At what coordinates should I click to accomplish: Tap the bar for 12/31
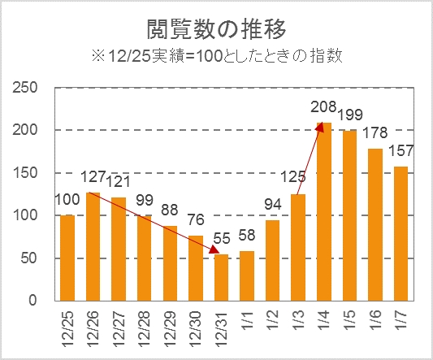[x=222, y=277]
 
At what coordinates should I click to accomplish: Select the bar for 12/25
[x=67, y=258]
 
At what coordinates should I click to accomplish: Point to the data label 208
[x=324, y=106]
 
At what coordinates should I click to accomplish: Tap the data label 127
[x=93, y=177]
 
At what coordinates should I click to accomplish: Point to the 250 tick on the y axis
[x=28, y=87]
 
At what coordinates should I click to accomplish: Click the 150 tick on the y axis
[x=28, y=172]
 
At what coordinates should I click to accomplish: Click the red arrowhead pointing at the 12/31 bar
[x=215, y=251]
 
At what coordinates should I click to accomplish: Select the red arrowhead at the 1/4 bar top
[x=322, y=125]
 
